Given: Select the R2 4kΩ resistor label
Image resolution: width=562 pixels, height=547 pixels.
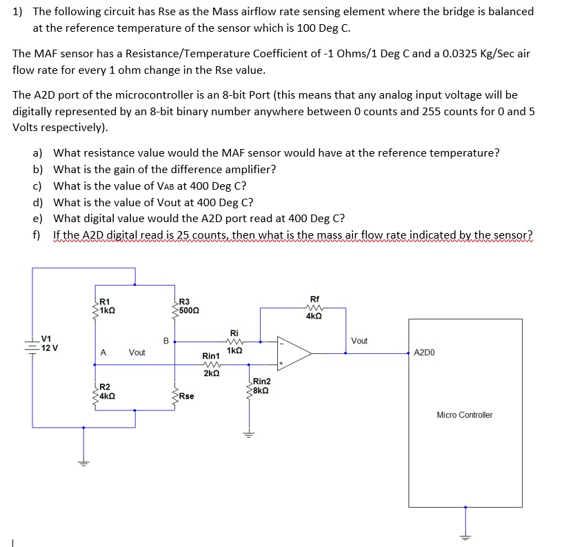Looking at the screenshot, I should pos(106,391).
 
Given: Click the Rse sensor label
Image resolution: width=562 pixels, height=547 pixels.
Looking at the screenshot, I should pos(186,397).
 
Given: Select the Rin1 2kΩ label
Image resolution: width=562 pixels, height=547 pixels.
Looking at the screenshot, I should pos(211,364).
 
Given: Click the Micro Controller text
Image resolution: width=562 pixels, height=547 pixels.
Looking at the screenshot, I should pos(464,415).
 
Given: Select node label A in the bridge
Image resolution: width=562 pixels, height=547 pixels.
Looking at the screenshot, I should pos(103,352).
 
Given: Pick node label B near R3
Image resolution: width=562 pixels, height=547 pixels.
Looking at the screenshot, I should pos(165,339).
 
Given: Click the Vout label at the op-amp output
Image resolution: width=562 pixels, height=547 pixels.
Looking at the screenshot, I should pos(359,341).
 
